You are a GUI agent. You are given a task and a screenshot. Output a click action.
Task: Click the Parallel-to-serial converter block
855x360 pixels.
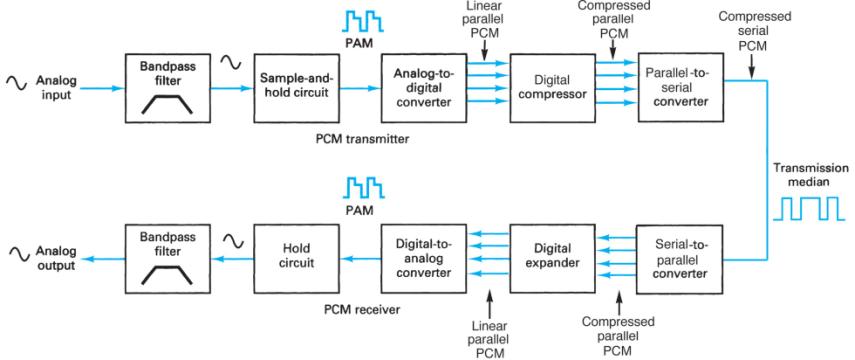(680, 89)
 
